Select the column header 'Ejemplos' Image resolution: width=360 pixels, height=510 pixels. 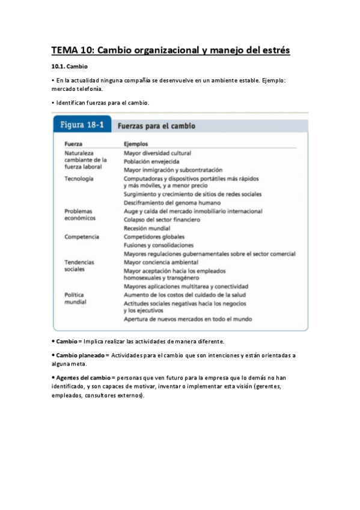pyautogui.click(x=136, y=144)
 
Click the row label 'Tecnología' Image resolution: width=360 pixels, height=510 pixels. pyautogui.click(x=78, y=179)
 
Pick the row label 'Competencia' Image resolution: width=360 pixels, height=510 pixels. pyautogui.click(x=82, y=237)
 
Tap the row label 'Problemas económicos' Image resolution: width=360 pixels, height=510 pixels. pyautogui.click(x=80, y=215)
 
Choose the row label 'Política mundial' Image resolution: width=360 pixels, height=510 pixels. pyautogui.click(x=75, y=298)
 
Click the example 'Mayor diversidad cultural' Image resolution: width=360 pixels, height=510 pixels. pyautogui.click(x=157, y=153)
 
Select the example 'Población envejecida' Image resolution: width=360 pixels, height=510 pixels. pyautogui.click(x=151, y=162)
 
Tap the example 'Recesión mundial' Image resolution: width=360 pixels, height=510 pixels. pyautogui.click(x=147, y=229)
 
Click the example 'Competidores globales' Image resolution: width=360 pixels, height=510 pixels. pyautogui.click(x=154, y=237)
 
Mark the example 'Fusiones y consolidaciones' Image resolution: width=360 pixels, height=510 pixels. pyautogui.click(x=159, y=245)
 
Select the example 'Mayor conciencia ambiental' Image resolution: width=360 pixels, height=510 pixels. pyautogui.click(x=160, y=262)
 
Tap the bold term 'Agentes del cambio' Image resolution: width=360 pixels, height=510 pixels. pyautogui.click(x=83, y=377)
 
